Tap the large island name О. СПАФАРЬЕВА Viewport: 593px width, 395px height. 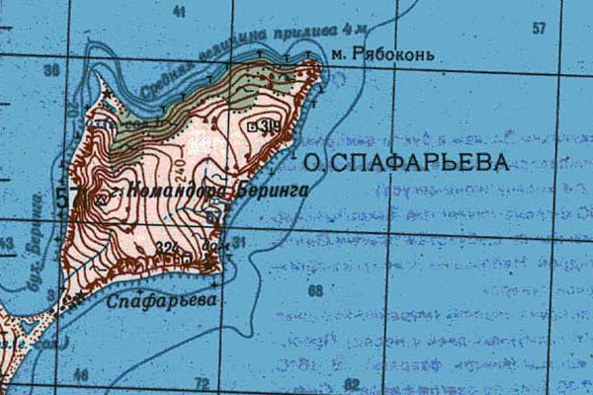click(x=406, y=163)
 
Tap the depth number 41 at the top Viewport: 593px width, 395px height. click(x=179, y=13)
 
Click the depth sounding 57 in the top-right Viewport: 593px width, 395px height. click(x=539, y=29)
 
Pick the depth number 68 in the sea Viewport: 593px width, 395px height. click(x=315, y=291)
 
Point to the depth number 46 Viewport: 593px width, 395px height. click(x=81, y=374)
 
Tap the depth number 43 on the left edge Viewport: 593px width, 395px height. click(x=8, y=244)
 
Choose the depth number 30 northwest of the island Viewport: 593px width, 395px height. click(x=51, y=71)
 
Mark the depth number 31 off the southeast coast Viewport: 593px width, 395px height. click(x=238, y=241)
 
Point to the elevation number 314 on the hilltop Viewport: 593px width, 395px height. click(x=263, y=125)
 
